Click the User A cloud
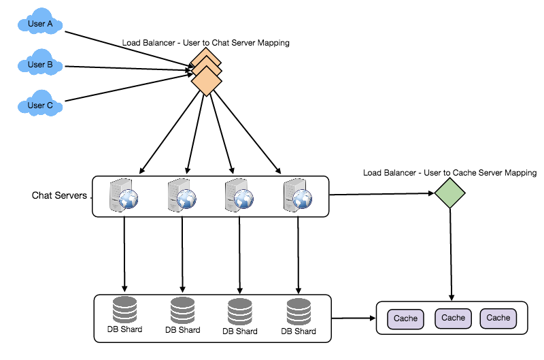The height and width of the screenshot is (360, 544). [x=40, y=24]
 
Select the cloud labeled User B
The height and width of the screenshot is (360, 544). [x=40, y=65]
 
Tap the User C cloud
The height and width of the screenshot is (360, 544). [x=40, y=105]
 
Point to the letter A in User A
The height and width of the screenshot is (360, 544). [x=50, y=24]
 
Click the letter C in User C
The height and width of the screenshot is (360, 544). [x=50, y=105]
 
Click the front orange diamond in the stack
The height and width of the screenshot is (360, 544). [x=207, y=82]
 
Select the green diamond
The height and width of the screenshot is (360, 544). [x=449, y=193]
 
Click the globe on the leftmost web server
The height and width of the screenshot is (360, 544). [x=129, y=199]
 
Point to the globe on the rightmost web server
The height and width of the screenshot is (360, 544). [x=302, y=199]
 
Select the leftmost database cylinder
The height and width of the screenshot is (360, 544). [x=124, y=310]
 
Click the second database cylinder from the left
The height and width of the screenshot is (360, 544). [x=182, y=310]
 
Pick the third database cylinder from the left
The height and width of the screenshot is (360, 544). [x=240, y=311]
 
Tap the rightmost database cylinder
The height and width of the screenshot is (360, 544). [x=299, y=311]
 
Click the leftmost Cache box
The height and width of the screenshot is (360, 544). [x=405, y=318]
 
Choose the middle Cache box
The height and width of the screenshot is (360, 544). [x=453, y=318]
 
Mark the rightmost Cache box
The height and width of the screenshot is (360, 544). [x=498, y=318]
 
